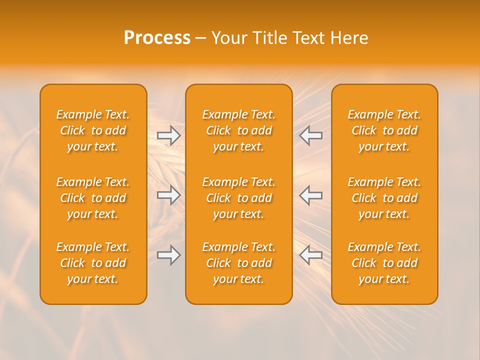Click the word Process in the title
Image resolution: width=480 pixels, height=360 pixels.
point(157,38)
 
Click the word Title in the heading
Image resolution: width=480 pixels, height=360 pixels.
point(269,38)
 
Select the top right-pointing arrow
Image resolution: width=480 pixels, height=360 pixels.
point(169,135)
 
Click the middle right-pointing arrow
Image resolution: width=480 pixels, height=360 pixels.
point(169,195)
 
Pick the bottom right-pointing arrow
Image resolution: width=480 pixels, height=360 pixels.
point(169,255)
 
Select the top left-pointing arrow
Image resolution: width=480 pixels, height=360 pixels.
point(310,135)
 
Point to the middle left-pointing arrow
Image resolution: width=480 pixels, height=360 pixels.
point(310,195)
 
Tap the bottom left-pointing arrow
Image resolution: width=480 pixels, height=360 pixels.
point(310,255)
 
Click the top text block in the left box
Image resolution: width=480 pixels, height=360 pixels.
point(93,130)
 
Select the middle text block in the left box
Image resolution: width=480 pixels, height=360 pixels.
point(93,198)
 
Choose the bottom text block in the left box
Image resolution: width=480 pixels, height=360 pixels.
point(93,263)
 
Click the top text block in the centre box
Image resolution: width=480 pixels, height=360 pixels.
point(238,130)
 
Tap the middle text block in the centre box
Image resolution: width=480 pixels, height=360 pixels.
point(238,198)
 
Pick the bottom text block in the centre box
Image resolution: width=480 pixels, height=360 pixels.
point(238,263)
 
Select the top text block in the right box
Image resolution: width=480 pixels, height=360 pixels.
point(384,130)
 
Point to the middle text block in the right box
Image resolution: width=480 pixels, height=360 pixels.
point(384,198)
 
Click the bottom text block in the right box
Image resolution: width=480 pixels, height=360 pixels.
point(384,263)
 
